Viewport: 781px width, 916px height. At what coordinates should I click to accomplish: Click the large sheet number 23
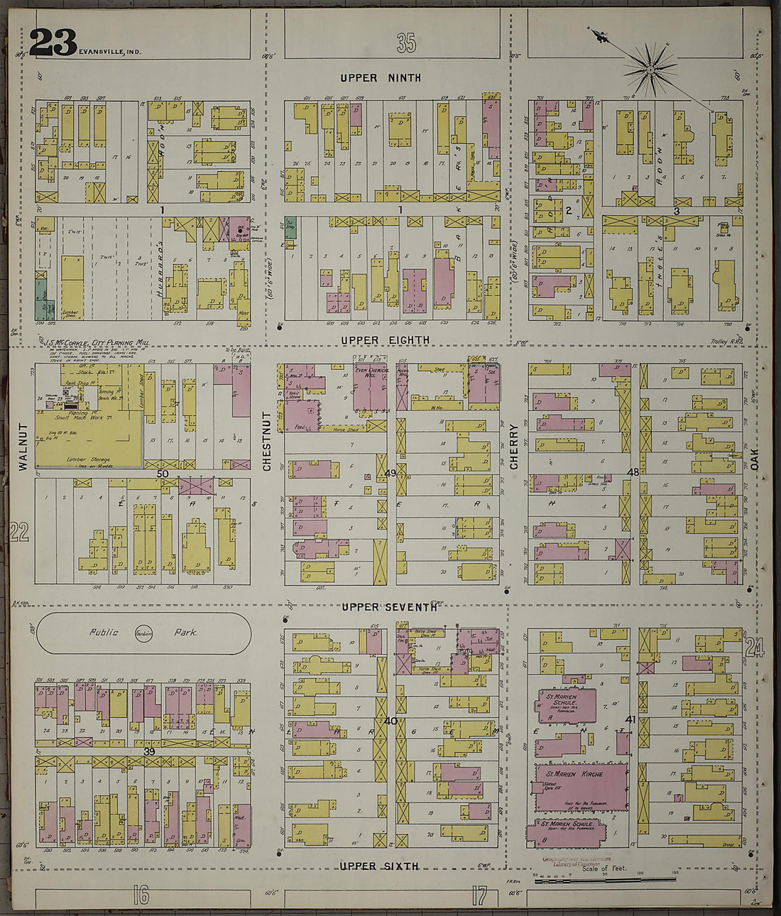[x=53, y=43]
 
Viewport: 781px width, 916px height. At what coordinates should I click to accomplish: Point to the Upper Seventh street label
[x=388, y=607]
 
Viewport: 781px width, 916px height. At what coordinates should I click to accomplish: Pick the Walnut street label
[x=23, y=447]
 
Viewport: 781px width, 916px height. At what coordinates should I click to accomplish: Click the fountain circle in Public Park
[x=143, y=633]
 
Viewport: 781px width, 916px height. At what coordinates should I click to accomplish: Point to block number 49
[x=390, y=474]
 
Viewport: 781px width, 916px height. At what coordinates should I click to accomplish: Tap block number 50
[x=163, y=473]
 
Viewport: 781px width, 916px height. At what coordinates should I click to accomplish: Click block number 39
[x=149, y=751]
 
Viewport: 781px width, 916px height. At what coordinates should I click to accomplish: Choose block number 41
[x=629, y=720]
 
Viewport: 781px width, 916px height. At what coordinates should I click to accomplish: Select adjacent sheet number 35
[x=406, y=44]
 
